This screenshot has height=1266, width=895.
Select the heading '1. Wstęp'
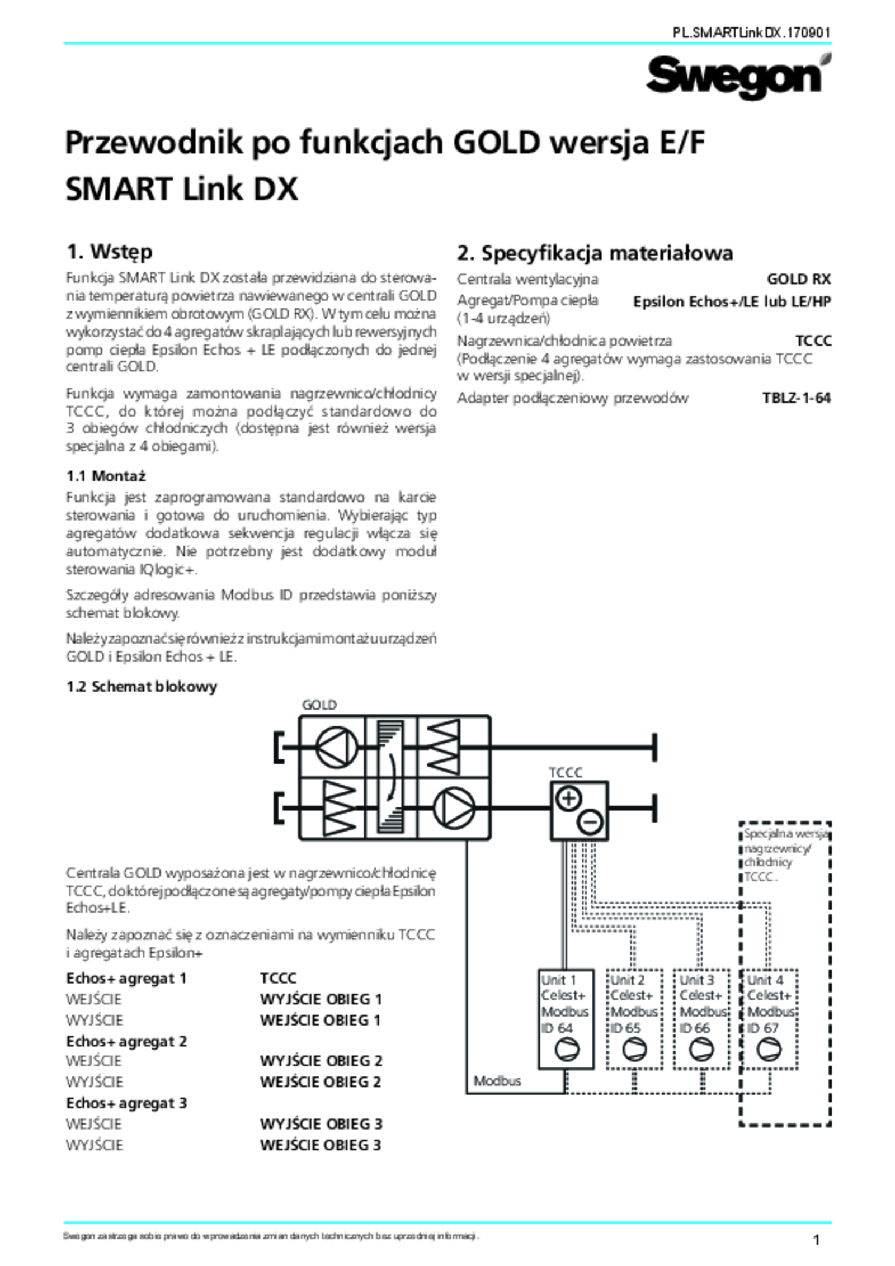point(109,252)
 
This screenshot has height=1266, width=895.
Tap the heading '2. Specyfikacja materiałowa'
point(595,253)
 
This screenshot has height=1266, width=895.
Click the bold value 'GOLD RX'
point(798,279)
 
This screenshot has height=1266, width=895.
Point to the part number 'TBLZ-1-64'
point(796,398)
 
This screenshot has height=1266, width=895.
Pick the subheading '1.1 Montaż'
point(106,476)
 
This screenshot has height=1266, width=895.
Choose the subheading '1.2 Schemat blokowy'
point(142,686)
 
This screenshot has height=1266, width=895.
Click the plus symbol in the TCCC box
point(569,798)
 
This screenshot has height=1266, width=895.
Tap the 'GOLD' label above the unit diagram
point(319,705)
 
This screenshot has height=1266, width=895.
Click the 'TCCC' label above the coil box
point(566,772)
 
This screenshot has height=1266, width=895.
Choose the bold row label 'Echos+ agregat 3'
point(126,1103)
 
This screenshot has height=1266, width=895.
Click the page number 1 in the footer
point(816,1240)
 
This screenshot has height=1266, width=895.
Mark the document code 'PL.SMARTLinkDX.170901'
point(751,33)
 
